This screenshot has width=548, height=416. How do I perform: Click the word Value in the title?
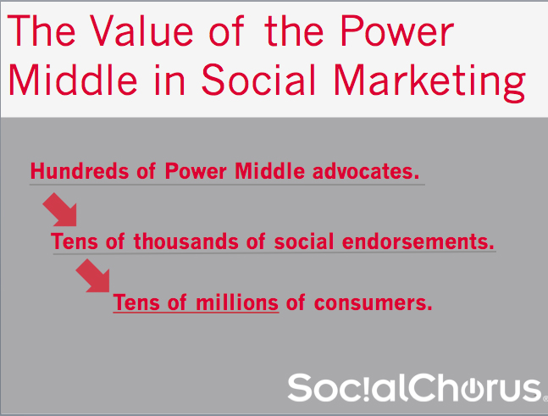(141, 32)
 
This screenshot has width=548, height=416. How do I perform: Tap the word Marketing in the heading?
(430, 81)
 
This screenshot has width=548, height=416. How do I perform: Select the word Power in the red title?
(397, 31)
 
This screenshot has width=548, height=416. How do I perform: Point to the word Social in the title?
(259, 80)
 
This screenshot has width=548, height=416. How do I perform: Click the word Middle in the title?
(73, 80)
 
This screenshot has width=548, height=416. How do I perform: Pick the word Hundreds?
(80, 171)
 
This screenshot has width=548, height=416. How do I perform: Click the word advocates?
(366, 171)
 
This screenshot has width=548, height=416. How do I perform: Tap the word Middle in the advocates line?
(269, 171)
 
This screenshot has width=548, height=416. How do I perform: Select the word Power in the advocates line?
(196, 171)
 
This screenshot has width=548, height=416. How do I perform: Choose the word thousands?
(186, 241)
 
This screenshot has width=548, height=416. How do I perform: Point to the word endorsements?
(418, 241)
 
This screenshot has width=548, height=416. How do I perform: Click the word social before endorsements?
(304, 241)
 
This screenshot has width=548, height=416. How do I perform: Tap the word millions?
(237, 302)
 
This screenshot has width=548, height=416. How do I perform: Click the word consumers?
(373, 302)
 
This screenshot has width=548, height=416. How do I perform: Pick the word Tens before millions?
(136, 302)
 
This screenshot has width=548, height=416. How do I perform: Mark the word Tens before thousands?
(74, 241)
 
